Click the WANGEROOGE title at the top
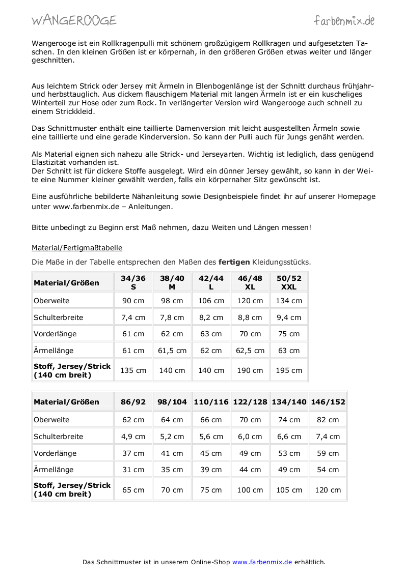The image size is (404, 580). coord(74,20)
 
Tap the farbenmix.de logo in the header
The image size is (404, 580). coord(344,20)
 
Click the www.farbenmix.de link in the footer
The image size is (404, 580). coord(262,562)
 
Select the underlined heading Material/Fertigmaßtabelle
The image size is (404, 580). coord(77,248)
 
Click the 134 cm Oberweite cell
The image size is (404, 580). coord(289,301)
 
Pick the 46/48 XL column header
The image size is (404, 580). coord(250,282)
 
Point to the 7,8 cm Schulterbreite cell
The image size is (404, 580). coord(172,317)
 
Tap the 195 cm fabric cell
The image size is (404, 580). coord(289,370)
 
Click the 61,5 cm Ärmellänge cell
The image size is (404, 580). coord(172,351)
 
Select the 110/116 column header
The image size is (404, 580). coord(211,402)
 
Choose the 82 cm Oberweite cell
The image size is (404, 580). coord(328,420)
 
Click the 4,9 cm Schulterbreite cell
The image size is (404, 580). coord(133,437)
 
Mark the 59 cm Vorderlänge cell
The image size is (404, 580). coord(328,453)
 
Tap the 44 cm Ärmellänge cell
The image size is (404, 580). coord(250,470)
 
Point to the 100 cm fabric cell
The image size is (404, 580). coord(250,490)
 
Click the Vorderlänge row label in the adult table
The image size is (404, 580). coord(55,334)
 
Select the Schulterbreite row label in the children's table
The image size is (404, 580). coord(58,437)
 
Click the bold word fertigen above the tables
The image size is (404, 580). coord(234,262)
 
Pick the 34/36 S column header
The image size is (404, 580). coord(133,282)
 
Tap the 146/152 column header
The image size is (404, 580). coord(328,402)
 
